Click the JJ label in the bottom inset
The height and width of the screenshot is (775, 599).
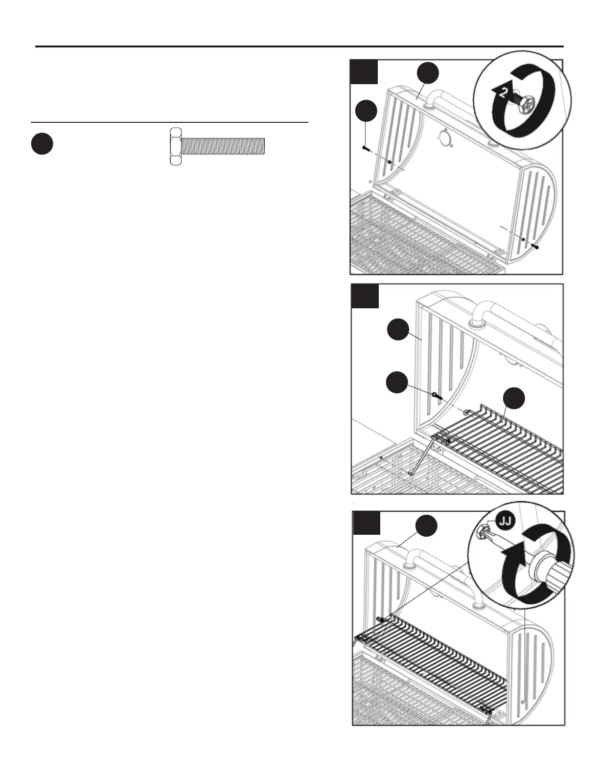coord(506,521)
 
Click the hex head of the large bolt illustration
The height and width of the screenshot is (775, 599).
coord(175,146)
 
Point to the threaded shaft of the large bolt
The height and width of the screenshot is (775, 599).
coord(223,146)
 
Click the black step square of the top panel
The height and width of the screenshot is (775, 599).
coord(364,72)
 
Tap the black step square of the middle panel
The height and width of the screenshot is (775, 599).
coord(365,296)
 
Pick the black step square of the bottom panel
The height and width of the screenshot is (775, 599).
coord(366,523)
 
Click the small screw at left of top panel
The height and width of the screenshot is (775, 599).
coord(365,147)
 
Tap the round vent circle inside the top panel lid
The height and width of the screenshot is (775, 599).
coord(445,137)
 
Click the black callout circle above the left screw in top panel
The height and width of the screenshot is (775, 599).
coord(366,111)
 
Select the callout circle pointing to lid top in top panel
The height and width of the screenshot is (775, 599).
coord(428,74)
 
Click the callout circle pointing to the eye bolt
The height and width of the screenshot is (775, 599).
coord(397,382)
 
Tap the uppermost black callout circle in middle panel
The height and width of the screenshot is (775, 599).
coord(398,330)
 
